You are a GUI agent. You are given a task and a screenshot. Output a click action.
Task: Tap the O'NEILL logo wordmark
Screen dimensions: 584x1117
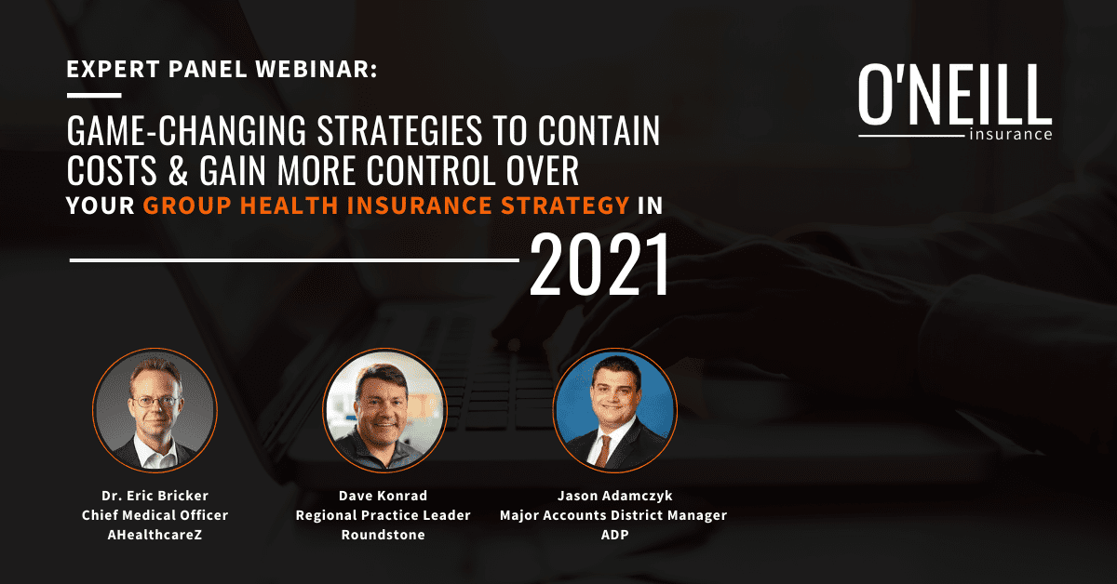point(954,96)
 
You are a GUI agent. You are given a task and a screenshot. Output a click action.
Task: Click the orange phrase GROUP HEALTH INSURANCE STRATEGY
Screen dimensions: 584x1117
point(386,206)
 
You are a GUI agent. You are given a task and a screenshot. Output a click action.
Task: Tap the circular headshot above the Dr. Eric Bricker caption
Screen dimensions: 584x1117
point(155,412)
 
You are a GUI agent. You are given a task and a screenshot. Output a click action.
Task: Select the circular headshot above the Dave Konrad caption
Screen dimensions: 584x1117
point(384,412)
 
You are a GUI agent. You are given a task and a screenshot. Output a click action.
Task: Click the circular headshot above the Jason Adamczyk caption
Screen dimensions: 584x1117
point(614,412)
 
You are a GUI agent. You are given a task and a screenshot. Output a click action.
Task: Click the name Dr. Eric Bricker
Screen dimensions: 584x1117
point(155,496)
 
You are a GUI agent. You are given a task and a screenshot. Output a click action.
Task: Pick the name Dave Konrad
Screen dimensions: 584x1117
point(384,496)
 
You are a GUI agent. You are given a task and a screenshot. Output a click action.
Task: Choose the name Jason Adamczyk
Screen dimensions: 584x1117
point(614,496)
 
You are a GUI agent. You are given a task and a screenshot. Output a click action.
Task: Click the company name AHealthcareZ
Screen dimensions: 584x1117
point(155,536)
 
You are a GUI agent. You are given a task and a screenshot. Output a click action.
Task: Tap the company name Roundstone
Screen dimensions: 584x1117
point(384,536)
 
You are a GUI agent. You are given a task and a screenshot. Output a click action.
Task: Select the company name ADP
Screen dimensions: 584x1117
point(614,536)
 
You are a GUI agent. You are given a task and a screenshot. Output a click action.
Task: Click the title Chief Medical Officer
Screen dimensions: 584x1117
point(155,515)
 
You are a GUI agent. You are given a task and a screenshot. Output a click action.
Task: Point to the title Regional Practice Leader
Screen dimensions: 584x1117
point(384,515)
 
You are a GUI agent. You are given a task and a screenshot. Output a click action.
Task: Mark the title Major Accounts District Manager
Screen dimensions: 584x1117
point(614,515)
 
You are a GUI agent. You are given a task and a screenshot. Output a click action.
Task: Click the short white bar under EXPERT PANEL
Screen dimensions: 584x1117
point(94,95)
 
